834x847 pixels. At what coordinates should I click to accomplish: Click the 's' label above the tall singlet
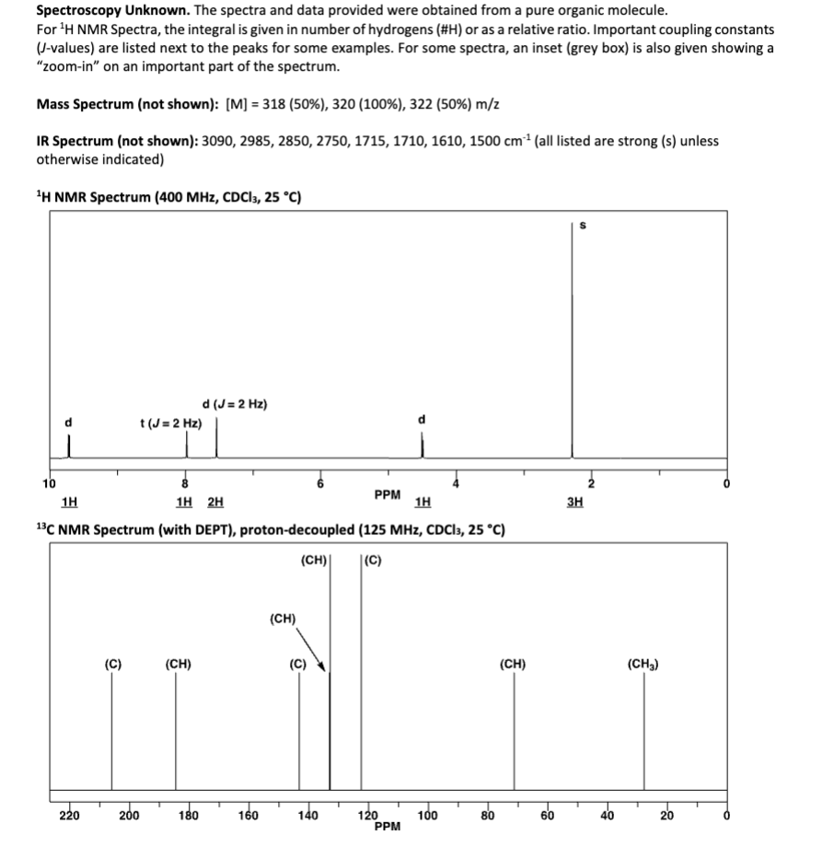point(580,223)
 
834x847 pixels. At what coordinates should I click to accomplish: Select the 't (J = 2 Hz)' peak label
point(169,423)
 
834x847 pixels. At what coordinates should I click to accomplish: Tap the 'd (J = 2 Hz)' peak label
point(234,404)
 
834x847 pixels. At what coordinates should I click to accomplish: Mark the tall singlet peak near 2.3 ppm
point(572,350)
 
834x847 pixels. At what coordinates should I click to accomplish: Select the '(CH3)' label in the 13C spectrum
point(643,663)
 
